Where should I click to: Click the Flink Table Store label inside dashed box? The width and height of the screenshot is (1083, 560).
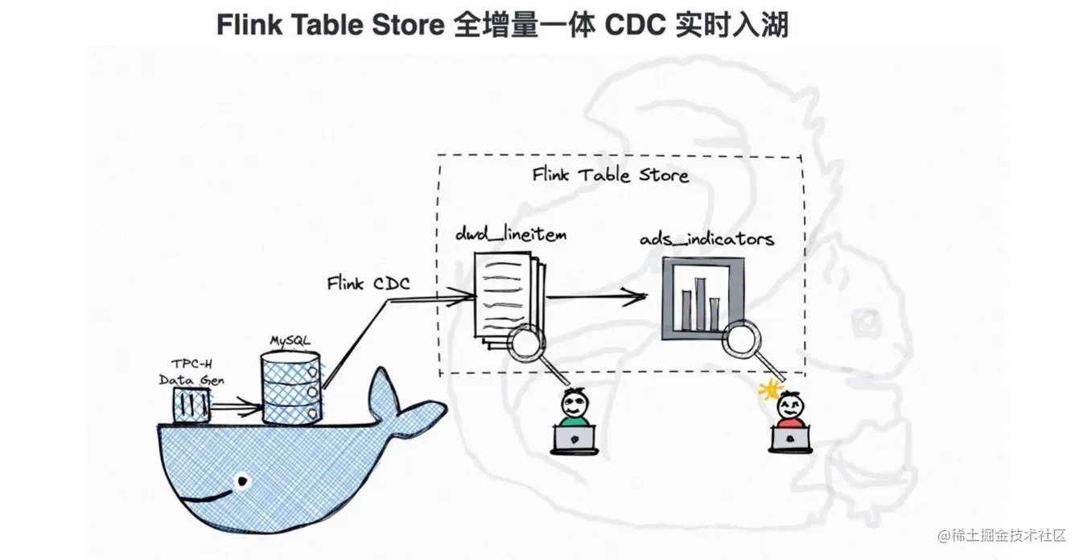coord(610,175)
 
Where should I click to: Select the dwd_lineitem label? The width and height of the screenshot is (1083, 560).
coord(510,235)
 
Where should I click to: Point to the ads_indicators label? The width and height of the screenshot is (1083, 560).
coord(706,239)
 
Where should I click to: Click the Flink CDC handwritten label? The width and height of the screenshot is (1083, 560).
coord(368,283)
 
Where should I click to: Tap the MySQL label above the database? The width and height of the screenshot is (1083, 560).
coord(290,342)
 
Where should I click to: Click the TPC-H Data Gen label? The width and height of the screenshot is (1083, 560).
coord(191,372)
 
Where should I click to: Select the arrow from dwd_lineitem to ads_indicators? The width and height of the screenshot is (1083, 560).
coord(595,297)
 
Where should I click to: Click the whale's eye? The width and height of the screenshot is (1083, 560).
coord(240,481)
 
